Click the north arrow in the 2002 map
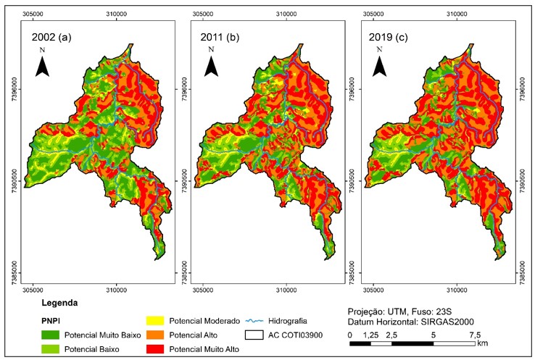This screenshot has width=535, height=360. tap(43, 64)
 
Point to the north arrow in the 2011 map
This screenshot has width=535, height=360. tap(211, 64)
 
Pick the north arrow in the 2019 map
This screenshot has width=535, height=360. tap(379, 64)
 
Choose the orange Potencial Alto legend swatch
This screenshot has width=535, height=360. tap(154, 335)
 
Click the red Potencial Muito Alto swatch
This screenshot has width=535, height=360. tap(154, 348)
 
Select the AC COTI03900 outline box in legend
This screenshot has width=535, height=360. tap(255, 335)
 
